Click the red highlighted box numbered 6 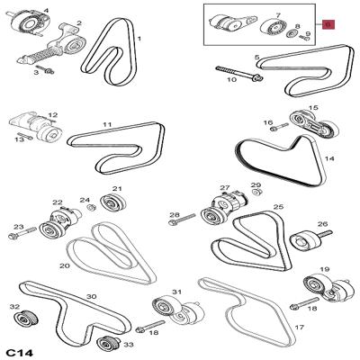[x=328, y=24]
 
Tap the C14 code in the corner [x=20, y=353]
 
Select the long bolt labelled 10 [x=239, y=74]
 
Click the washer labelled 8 [x=292, y=34]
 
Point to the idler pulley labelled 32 [x=26, y=318]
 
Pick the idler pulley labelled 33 [x=108, y=342]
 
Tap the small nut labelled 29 [x=256, y=192]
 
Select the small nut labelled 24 [x=91, y=207]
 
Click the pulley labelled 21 [x=113, y=202]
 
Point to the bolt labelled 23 [x=22, y=233]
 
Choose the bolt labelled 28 [x=183, y=219]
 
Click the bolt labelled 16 [x=279, y=127]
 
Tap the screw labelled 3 [x=45, y=69]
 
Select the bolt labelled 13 [x=25, y=136]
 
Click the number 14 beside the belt [x=328, y=158]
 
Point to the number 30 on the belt [x=92, y=296]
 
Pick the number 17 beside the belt [x=300, y=327]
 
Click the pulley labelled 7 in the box [x=273, y=28]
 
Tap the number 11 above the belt [x=107, y=124]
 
